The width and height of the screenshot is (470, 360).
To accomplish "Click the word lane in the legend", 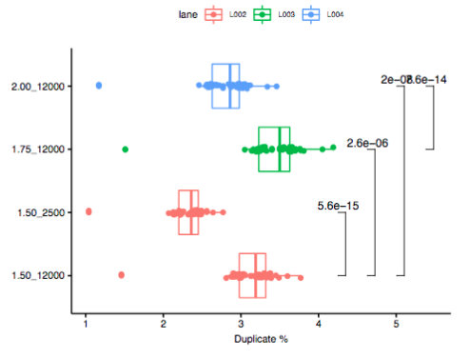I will pyautogui.click(x=187, y=14).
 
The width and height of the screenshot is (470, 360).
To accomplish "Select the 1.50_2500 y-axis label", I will pyautogui.click(x=45, y=212).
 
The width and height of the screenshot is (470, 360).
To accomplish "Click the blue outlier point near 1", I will pyautogui.click(x=99, y=86).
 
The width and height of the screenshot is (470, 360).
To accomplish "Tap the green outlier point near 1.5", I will pyautogui.click(x=126, y=150).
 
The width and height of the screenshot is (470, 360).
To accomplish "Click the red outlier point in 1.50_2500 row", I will pyautogui.click(x=88, y=211).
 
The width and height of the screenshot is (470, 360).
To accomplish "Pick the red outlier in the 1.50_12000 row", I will pyautogui.click(x=121, y=275).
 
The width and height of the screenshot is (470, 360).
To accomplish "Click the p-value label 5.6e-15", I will pyautogui.click(x=338, y=206).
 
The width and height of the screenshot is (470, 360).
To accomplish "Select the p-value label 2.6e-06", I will pyautogui.click(x=367, y=143).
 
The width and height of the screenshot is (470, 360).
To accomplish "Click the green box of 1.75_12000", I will pyautogui.click(x=274, y=150).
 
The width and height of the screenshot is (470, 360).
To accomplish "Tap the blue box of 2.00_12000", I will pyautogui.click(x=225, y=86).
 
